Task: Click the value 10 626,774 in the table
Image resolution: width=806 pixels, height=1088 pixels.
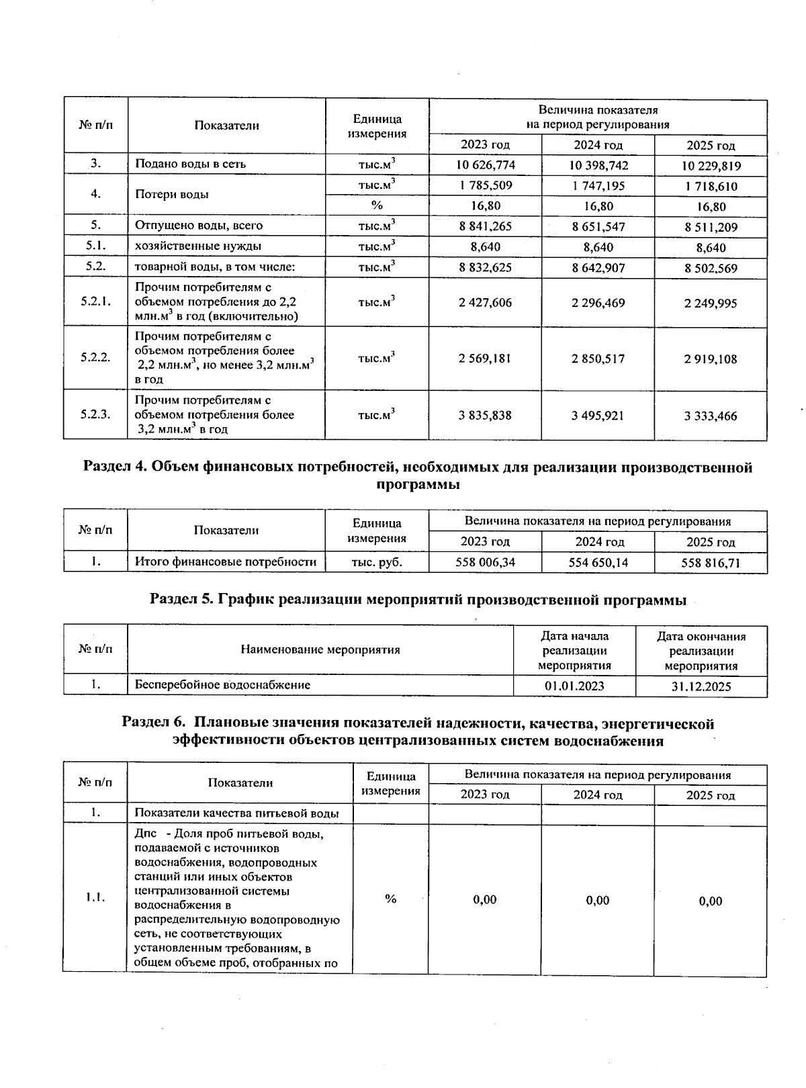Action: pyautogui.click(x=485, y=165)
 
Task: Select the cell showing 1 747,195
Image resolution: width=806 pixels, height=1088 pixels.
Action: pyautogui.click(x=598, y=185)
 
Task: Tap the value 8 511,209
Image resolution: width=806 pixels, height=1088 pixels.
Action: pyautogui.click(x=711, y=227)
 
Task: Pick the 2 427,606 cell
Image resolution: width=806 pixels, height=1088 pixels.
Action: pyautogui.click(x=485, y=303)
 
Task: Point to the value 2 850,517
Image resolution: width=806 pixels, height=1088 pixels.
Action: pyautogui.click(x=598, y=359)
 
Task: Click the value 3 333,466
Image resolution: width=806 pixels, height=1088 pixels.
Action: pyautogui.click(x=711, y=416)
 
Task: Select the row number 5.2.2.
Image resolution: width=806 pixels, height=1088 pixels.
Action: pyautogui.click(x=95, y=357)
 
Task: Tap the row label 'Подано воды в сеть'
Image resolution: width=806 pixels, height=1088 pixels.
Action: pyautogui.click(x=190, y=164)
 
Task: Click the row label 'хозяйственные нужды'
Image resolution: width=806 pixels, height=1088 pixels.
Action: pyautogui.click(x=198, y=246)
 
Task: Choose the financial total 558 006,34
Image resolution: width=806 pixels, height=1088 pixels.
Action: pyautogui.click(x=485, y=562)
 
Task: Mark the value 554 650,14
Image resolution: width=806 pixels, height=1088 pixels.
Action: pyautogui.click(x=598, y=562)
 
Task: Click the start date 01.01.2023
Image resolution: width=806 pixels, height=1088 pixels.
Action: pyautogui.click(x=574, y=686)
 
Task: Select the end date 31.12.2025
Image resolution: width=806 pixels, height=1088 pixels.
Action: pyautogui.click(x=701, y=686)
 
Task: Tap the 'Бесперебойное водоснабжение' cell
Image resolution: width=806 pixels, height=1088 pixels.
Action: pyautogui.click(x=222, y=685)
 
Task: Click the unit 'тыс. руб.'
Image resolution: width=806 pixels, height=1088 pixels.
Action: pyautogui.click(x=377, y=562)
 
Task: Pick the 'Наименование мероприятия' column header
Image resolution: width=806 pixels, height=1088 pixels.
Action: pyautogui.click(x=320, y=649)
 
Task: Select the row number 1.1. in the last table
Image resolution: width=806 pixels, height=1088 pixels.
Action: pyautogui.click(x=95, y=898)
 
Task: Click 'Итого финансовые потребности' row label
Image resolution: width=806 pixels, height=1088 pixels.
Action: pyautogui.click(x=225, y=561)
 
